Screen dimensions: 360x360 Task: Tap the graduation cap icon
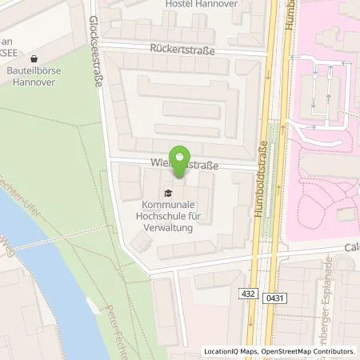coord(166,193)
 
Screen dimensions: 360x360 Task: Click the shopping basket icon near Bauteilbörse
coord(34,58)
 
